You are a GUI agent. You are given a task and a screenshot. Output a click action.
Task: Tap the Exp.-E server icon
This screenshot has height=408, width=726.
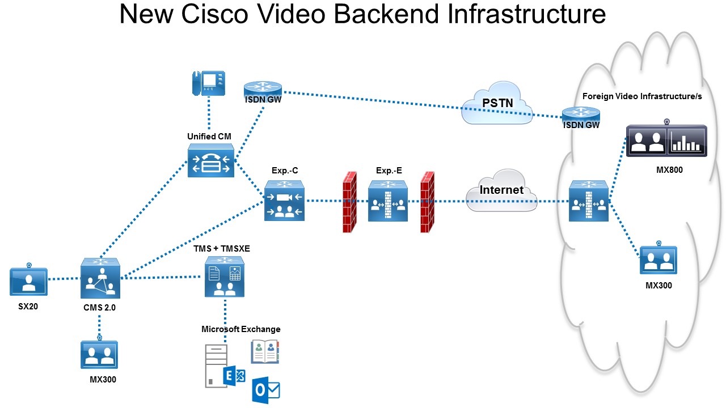(387, 201)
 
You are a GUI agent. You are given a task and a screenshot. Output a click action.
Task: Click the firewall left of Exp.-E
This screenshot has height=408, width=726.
(350, 202)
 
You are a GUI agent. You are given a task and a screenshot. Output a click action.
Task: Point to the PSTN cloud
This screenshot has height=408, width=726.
(497, 104)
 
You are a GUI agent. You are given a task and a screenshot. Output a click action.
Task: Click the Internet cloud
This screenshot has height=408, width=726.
(501, 190)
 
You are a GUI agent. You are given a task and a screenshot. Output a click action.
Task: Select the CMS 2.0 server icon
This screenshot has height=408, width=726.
(100, 278)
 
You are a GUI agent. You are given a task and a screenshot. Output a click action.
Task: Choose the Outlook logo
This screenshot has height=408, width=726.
(266, 390)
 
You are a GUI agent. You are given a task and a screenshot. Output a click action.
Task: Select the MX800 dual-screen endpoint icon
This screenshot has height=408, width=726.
(666, 141)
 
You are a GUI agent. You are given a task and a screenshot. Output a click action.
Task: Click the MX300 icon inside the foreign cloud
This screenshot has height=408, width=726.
(658, 259)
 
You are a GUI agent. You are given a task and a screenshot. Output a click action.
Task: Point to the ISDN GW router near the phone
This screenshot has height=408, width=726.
(263, 88)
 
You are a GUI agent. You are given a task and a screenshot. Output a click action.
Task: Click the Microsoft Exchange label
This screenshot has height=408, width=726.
(240, 329)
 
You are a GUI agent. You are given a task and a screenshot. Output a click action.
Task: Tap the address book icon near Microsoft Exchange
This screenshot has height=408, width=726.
(265, 351)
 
